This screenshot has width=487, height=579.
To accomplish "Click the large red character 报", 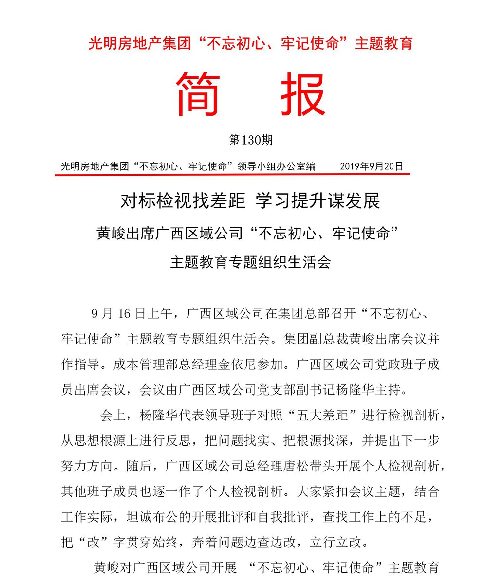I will click(302, 94).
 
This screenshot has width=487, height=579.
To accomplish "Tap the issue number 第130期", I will click(251, 140).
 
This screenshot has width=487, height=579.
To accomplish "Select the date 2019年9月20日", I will click(372, 166).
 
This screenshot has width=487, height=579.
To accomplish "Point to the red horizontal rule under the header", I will click(232, 174).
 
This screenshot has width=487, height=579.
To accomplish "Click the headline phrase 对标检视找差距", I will click(183, 201).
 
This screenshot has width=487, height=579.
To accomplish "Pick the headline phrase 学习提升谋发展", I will click(318, 201).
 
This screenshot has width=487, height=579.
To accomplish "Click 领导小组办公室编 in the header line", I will click(276, 166).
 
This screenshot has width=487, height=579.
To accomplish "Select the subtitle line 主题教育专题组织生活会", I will click(250, 262).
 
